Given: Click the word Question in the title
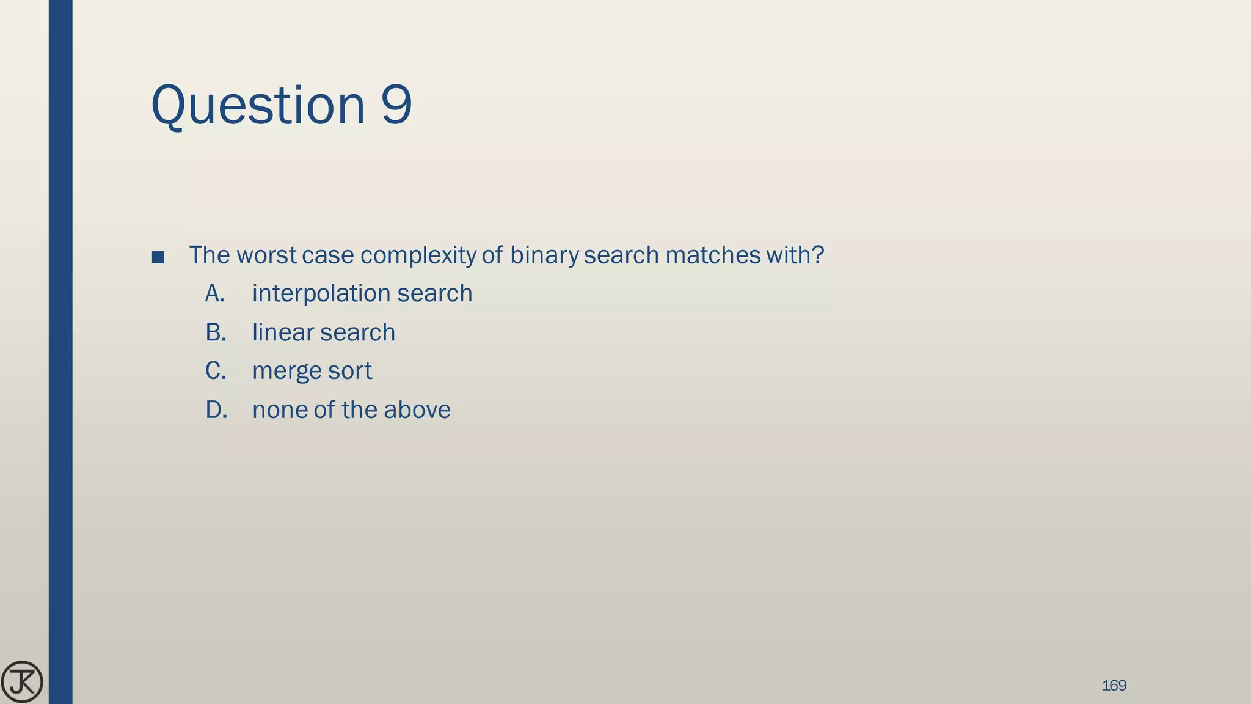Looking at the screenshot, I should tap(257, 105).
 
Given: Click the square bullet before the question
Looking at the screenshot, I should tap(158, 257).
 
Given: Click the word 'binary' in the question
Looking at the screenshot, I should tap(544, 255).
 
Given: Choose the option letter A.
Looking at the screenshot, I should tap(214, 293).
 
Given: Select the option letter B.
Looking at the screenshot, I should tap(215, 332).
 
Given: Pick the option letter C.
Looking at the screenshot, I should tap(215, 371).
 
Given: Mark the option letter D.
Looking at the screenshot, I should tap(216, 410).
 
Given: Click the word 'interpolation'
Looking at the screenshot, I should tap(321, 294).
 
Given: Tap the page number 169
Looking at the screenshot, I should tap(1114, 685).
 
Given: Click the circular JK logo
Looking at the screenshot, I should tap(22, 681).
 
